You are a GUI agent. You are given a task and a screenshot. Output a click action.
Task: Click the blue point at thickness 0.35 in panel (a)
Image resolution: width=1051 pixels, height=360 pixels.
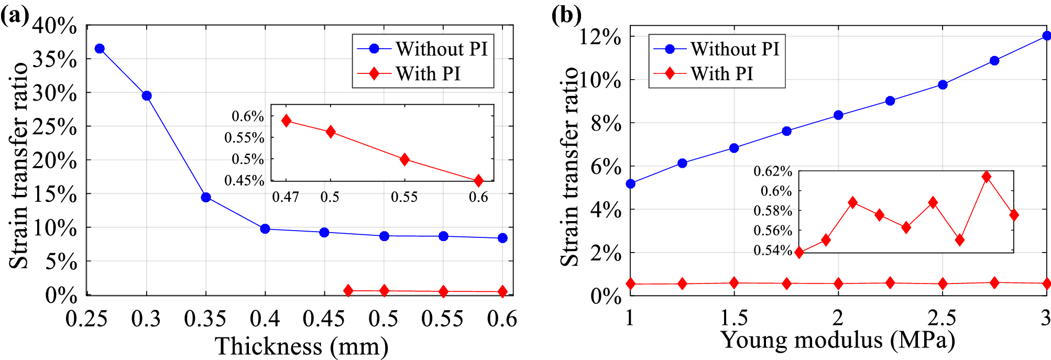click(x=206, y=198)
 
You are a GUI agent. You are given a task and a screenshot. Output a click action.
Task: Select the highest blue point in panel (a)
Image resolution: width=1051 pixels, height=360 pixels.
click(x=100, y=49)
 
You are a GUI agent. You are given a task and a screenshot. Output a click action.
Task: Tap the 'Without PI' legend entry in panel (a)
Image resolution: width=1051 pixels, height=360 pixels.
click(x=422, y=49)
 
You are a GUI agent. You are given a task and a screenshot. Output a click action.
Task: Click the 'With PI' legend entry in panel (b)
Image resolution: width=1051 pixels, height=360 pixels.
click(x=703, y=73)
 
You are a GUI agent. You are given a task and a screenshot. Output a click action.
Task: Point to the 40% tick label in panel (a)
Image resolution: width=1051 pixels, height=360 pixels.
click(x=54, y=26)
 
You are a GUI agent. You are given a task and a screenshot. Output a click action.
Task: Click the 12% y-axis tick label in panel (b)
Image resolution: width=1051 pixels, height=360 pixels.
click(x=600, y=37)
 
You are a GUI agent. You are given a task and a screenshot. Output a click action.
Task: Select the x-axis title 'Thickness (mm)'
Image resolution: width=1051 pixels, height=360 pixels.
click(x=302, y=346)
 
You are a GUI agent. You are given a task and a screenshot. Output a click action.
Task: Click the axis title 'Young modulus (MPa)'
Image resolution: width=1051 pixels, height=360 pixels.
click(x=838, y=340)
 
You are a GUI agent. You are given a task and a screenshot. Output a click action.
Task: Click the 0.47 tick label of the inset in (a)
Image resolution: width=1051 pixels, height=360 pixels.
click(x=286, y=197)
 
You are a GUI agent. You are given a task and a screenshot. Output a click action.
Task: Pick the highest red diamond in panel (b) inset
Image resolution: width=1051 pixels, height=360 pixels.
click(x=986, y=177)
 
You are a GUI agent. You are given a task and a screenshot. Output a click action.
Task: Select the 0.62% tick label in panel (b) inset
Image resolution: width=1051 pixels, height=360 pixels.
click(x=772, y=171)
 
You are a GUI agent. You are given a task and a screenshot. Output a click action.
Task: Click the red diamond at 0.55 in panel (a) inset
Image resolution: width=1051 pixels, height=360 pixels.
click(x=404, y=159)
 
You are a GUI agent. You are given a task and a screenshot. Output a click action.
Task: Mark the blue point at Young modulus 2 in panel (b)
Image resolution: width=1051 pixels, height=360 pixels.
click(x=838, y=115)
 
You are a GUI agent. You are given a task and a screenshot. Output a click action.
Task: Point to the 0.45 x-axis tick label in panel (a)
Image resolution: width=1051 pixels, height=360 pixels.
click(x=324, y=319)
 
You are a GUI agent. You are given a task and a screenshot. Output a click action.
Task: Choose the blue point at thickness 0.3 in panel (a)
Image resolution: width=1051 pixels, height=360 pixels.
click(x=147, y=96)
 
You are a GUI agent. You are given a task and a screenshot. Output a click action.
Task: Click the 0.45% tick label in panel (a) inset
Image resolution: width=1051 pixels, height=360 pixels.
click(x=244, y=181)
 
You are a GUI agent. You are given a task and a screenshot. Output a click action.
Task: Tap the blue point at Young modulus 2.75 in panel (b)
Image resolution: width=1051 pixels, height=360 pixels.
click(x=994, y=61)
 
